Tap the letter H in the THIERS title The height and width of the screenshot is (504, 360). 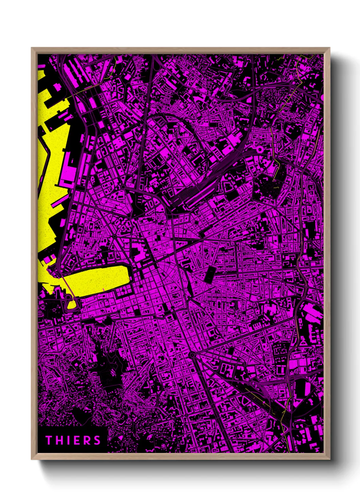(59, 440)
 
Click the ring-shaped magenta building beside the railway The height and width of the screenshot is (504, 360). (260, 149)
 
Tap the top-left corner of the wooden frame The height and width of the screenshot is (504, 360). (32, 48)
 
